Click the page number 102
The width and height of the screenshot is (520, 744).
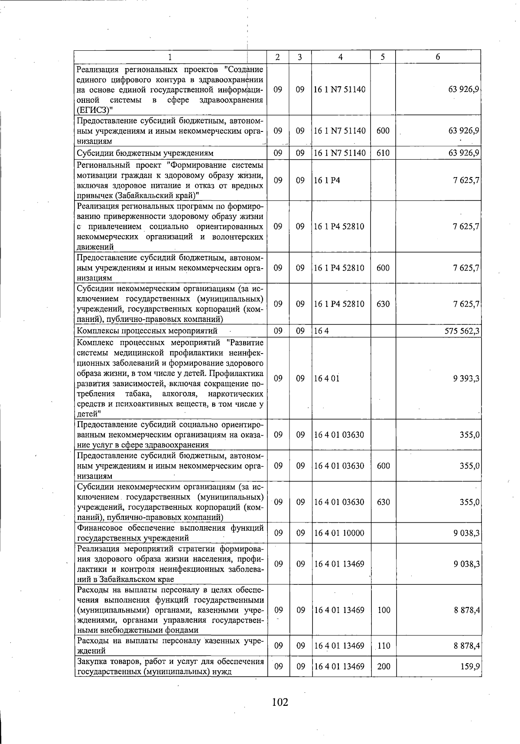[x=279, y=701]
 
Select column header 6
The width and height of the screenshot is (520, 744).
[x=438, y=57]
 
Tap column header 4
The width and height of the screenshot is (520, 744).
[x=341, y=57]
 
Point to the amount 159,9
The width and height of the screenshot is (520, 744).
[x=470, y=666]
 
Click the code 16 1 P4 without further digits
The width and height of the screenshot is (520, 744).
[x=327, y=180]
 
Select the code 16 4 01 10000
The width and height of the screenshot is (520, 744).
[x=339, y=533]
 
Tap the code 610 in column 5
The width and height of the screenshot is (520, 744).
[x=383, y=153]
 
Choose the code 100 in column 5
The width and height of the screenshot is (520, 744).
[x=383, y=610]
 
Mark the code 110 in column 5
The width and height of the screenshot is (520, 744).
[x=383, y=646]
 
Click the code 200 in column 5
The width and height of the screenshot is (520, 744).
[x=383, y=666]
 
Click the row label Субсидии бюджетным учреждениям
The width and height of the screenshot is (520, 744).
[x=145, y=153]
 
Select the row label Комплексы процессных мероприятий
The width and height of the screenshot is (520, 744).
[x=147, y=331]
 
